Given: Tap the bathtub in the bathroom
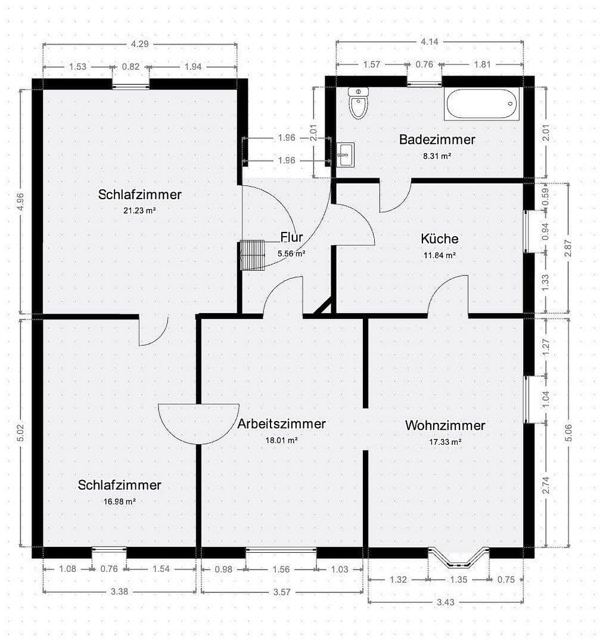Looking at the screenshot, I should point(481,104).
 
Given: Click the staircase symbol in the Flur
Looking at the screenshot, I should point(252,255).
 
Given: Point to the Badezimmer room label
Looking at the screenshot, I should point(437,140).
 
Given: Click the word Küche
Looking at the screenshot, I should point(440,239).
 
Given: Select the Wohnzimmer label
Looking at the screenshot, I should point(445,425).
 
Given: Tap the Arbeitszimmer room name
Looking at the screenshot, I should point(281,424).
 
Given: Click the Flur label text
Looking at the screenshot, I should point(292,237).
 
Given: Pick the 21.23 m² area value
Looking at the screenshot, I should point(139,210).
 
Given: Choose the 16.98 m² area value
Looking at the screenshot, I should point(119,501).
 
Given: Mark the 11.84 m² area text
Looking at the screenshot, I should point(440,255).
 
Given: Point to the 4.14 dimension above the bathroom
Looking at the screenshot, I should point(430,42).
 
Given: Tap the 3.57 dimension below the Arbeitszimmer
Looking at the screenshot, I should point(281,592).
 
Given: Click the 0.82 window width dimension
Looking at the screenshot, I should point(130,67).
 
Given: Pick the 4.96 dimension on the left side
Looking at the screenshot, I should point(21,202).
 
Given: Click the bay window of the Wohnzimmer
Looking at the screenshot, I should point(458,558).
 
